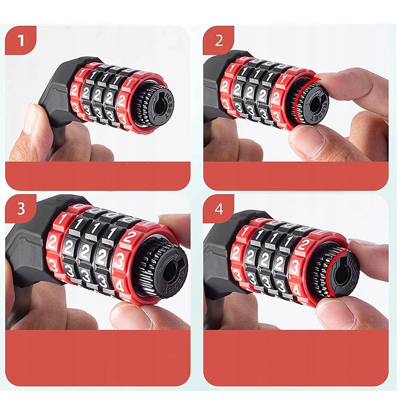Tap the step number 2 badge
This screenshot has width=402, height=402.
coord(218,40)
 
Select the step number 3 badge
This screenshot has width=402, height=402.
coord(21,209)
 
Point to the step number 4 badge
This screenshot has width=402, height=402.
coord(218,209)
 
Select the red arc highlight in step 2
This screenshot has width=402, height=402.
coord(298,98)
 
